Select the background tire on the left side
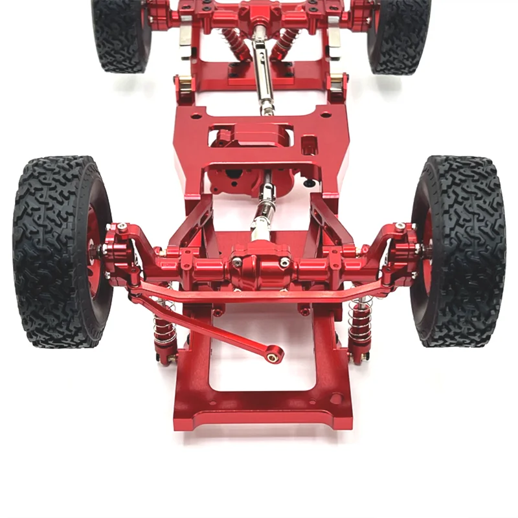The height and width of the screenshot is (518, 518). pyautogui.click(x=120, y=32)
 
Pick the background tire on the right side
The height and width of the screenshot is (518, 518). pyautogui.click(x=398, y=32)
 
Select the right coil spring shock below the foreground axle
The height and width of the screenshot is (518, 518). pyautogui.click(x=359, y=324)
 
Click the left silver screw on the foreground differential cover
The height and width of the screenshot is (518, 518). pyautogui.click(x=238, y=262)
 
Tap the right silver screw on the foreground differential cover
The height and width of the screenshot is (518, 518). pyautogui.click(x=284, y=262)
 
